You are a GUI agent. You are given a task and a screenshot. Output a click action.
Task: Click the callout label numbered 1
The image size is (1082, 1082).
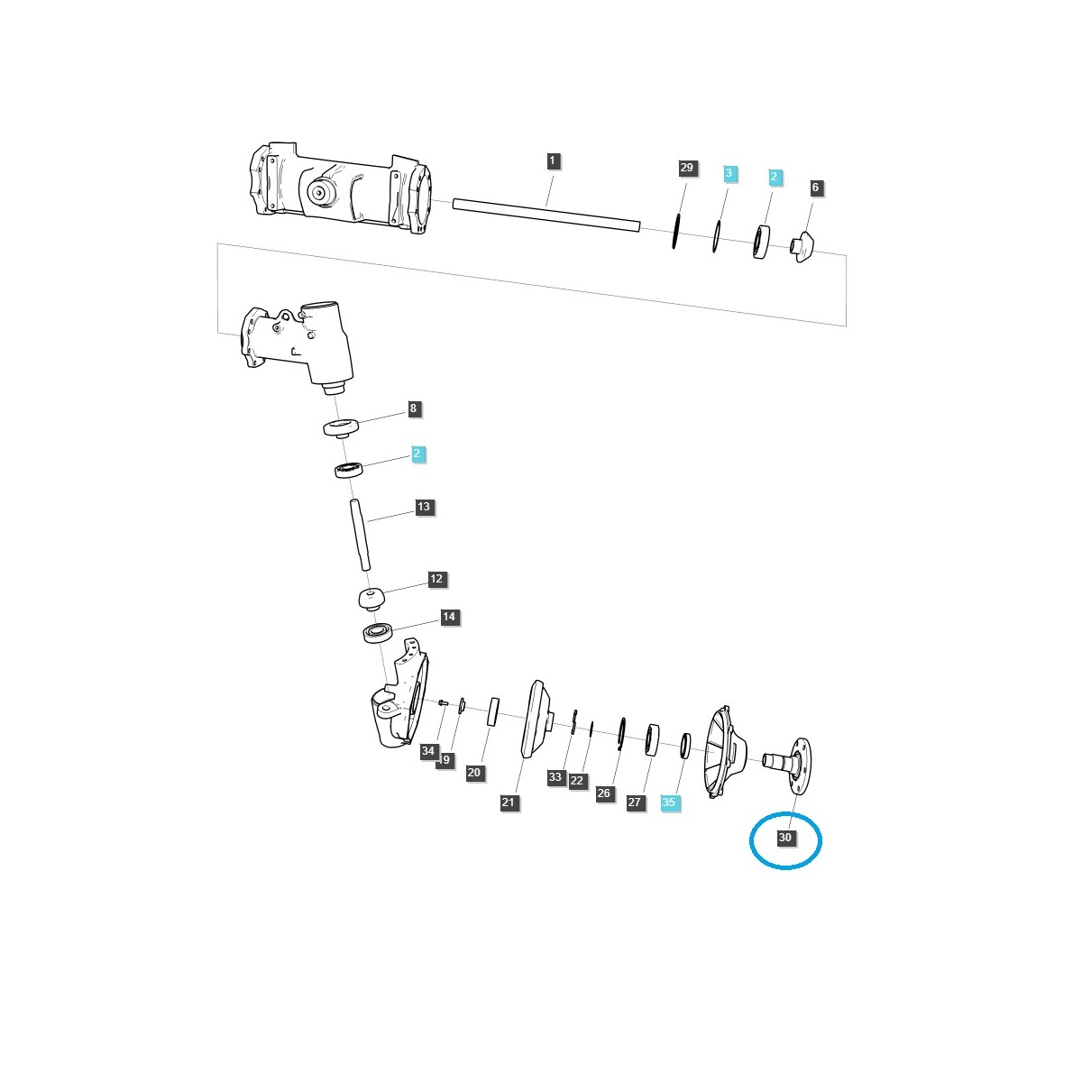pyautogui.click(x=553, y=161)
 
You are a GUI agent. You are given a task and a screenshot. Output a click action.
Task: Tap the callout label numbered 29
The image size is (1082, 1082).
pyautogui.click(x=687, y=169)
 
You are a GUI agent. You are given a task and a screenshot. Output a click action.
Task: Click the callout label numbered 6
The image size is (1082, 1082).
pyautogui.click(x=816, y=188)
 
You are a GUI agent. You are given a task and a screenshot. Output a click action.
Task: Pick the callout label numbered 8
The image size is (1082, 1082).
pyautogui.click(x=413, y=408)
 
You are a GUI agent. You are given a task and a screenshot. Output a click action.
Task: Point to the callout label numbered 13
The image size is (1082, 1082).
pyautogui.click(x=424, y=507)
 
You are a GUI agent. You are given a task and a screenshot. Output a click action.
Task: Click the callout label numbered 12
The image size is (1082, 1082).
pyautogui.click(x=436, y=579)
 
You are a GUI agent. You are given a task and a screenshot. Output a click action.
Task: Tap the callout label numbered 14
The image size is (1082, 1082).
pyautogui.click(x=449, y=618)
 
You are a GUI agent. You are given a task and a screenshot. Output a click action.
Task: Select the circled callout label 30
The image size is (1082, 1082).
pyautogui.click(x=785, y=838)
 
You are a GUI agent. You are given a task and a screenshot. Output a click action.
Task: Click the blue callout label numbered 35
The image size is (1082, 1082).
pyautogui.click(x=669, y=802)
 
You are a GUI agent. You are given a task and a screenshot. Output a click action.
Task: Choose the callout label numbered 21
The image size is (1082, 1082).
pyautogui.click(x=509, y=802)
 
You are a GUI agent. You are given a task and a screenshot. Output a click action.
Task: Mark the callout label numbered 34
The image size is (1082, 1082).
pyautogui.click(x=428, y=751)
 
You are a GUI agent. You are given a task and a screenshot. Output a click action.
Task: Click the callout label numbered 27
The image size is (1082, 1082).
pyautogui.click(x=636, y=802)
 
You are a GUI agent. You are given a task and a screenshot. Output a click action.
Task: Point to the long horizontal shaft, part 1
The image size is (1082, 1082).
pyautogui.click(x=546, y=215)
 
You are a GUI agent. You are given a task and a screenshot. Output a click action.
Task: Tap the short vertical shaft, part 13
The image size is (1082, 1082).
pyautogui.click(x=361, y=535)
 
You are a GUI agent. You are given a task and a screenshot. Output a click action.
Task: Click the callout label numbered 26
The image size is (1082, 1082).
pyautogui.click(x=603, y=793)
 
